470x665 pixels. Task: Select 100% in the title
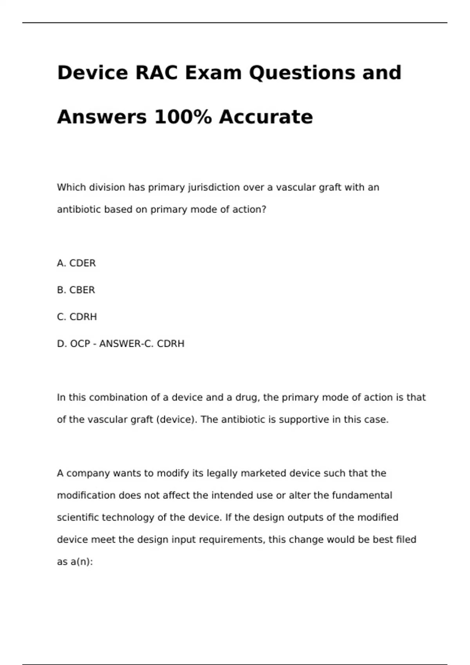click(183, 117)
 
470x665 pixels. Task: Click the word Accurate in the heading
click(266, 117)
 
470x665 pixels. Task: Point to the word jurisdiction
click(214, 188)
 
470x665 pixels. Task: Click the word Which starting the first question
click(72, 188)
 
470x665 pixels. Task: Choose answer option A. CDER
click(76, 263)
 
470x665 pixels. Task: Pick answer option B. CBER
click(76, 290)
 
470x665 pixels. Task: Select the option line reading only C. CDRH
click(77, 317)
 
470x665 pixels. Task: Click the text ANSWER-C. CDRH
click(142, 344)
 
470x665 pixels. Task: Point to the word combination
click(114, 397)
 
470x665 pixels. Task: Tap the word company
click(88, 474)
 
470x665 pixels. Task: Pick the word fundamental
click(362, 496)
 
